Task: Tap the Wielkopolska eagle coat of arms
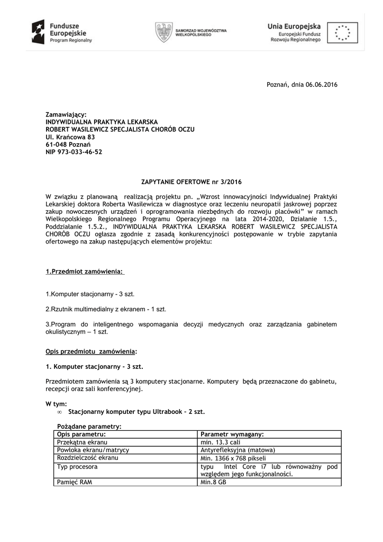pos(163,32)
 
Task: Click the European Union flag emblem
pos(342,32)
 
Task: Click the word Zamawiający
pos(66,114)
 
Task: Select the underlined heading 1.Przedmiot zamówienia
pos(85,272)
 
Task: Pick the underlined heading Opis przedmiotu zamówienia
pos(91,351)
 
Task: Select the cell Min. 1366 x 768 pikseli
pos(233,458)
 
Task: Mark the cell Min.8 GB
pos(213,482)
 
